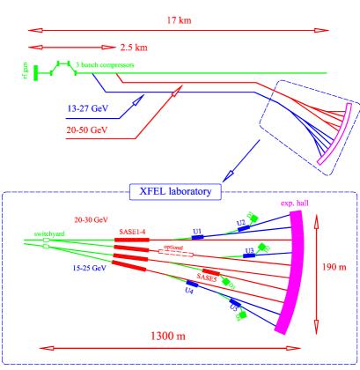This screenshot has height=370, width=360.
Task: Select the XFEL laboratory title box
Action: pos(176,190)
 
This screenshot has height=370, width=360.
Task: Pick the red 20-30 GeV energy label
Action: pos(91,216)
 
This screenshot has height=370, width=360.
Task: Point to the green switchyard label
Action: pos(50,233)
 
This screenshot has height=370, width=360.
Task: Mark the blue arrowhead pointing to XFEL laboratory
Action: pos(227,178)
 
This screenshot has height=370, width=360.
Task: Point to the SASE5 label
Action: pos(207,277)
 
